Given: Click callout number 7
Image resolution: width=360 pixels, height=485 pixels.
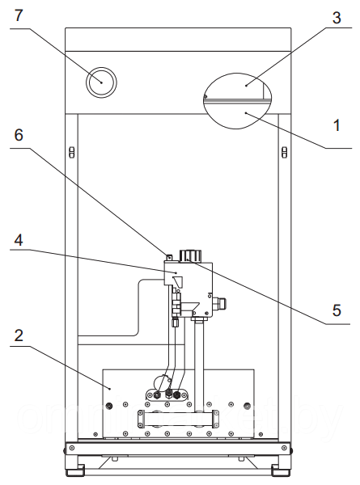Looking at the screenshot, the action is pos(19,15).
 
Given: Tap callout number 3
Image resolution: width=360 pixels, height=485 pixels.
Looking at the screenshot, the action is pos(337,18).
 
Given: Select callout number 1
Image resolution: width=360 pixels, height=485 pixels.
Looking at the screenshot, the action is pos(337,125).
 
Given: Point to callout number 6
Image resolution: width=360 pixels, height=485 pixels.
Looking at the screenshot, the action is pos(19,135).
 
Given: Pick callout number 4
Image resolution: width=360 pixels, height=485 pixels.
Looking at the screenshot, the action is pos(19,240).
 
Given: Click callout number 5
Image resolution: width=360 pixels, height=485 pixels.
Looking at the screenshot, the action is pos(337,310).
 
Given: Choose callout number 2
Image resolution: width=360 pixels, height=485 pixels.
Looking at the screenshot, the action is pos(19,335).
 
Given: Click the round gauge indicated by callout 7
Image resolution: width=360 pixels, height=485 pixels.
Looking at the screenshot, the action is pos(101,82).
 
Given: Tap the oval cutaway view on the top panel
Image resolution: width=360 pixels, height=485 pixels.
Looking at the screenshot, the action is pos(237,100).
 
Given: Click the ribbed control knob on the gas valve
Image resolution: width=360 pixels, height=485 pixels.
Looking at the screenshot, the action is pos(190,255).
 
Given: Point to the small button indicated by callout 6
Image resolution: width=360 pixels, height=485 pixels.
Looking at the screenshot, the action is pos(169,257).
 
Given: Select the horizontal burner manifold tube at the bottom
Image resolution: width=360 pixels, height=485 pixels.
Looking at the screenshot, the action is pos(178,419).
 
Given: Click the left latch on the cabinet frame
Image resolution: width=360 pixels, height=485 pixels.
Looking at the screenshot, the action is pos(71,152).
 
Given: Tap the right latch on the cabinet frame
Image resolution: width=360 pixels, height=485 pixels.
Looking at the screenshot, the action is pos(284,152).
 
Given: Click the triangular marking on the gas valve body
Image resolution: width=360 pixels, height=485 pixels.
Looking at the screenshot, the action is pos(178,281).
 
